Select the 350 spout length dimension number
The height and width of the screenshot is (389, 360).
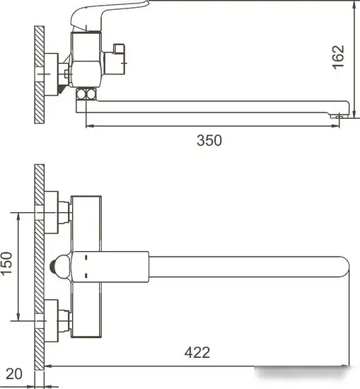(209, 140)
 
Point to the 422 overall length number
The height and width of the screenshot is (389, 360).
(196, 351)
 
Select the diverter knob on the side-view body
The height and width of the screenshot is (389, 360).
(118, 53)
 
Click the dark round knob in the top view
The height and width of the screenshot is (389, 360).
(59, 266)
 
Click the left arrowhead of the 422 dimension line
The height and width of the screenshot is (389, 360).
(48, 366)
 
